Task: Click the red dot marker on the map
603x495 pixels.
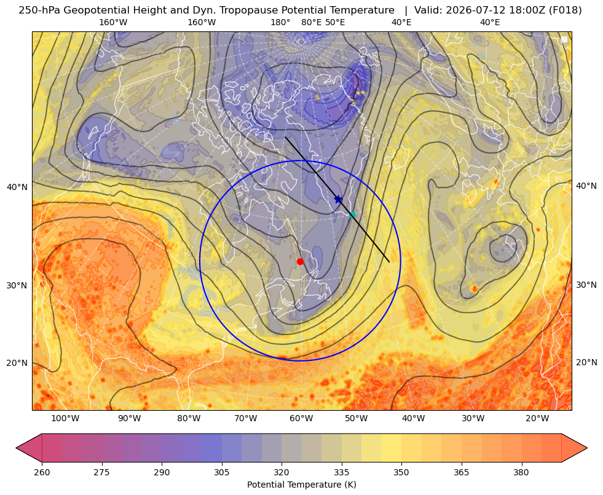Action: tap(301, 261)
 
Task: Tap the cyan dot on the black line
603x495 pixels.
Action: tap(352, 215)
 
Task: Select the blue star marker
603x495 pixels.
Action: tap(339, 199)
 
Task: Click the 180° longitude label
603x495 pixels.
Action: tap(280, 22)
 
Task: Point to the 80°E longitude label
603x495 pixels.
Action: tap(312, 22)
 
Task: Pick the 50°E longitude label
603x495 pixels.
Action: tap(335, 22)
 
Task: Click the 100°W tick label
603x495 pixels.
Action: tap(65, 419)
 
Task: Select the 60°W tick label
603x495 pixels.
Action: tap(301, 419)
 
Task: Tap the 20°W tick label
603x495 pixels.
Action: tap(537, 419)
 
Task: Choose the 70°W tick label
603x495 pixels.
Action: tap(246, 419)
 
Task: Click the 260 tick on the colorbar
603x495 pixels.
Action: tap(42, 472)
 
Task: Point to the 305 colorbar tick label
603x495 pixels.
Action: tap(222, 472)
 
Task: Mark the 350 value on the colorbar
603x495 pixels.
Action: tap(401, 472)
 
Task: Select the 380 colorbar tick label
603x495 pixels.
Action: tap(521, 472)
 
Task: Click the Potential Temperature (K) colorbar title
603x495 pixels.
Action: tap(301, 485)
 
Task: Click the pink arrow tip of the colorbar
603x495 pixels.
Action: tap(17, 448)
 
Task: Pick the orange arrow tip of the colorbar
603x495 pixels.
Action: tap(586, 448)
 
